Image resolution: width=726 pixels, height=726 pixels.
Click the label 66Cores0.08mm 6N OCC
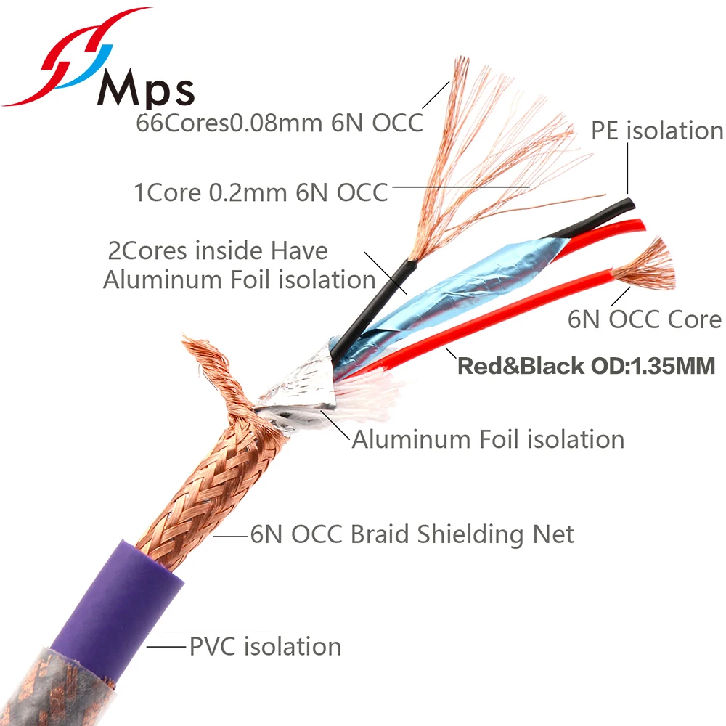coord(280,122)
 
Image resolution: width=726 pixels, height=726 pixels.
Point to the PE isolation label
coord(657,131)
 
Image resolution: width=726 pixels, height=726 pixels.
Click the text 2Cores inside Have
coord(218,250)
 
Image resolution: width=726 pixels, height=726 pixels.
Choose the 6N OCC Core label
coord(645,319)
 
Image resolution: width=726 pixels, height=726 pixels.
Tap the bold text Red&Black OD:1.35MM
coord(587,364)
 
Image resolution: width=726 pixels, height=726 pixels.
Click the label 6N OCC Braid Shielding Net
coord(412,534)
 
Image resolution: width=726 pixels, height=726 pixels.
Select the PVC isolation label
coord(265,645)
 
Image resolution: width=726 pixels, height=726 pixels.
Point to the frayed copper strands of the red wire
coord(646,265)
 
